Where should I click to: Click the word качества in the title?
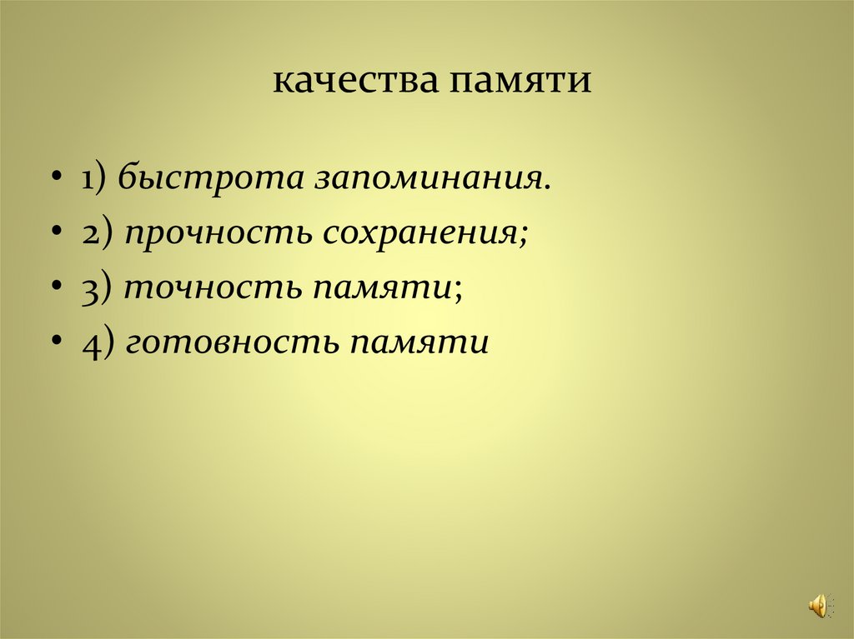click(x=355, y=82)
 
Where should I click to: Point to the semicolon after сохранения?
click(x=523, y=237)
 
